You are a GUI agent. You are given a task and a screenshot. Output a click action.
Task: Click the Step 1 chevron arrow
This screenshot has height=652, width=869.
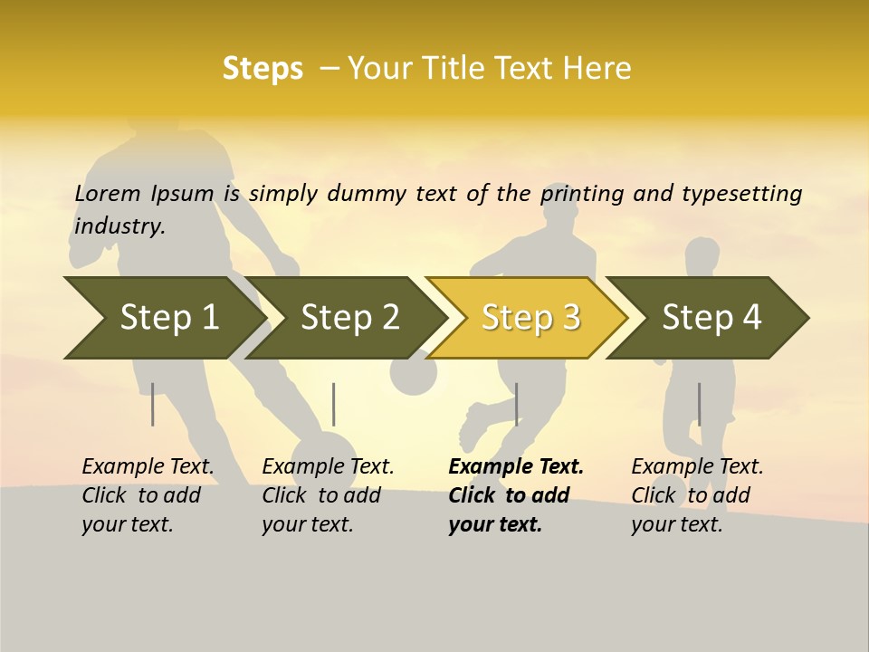click(163, 318)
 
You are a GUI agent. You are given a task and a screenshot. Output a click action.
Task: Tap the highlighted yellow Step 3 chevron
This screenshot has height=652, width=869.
click(530, 318)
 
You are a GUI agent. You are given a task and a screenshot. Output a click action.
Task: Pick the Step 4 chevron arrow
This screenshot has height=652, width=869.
click(711, 318)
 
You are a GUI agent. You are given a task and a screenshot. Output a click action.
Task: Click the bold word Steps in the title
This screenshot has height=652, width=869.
click(263, 69)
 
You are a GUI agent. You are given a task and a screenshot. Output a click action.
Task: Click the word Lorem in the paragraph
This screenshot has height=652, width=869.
click(108, 194)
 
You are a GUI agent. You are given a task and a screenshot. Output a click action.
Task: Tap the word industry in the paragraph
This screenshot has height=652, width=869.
click(119, 226)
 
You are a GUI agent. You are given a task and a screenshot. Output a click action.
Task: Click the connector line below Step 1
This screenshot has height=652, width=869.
click(152, 404)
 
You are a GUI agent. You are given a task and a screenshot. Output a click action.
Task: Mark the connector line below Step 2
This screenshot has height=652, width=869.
click(334, 404)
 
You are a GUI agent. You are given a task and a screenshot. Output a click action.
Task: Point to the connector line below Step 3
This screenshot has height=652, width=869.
click(516, 404)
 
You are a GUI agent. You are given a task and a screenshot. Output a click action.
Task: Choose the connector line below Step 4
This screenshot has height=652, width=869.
click(699, 404)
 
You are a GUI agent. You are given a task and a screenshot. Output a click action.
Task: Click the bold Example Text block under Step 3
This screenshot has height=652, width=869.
click(516, 495)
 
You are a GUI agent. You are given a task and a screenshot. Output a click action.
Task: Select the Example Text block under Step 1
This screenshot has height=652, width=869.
click(148, 495)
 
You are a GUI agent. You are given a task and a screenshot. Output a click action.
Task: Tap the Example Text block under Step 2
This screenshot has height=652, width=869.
click(328, 495)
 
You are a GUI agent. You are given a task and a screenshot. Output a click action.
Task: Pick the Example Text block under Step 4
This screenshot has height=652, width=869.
click(697, 495)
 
